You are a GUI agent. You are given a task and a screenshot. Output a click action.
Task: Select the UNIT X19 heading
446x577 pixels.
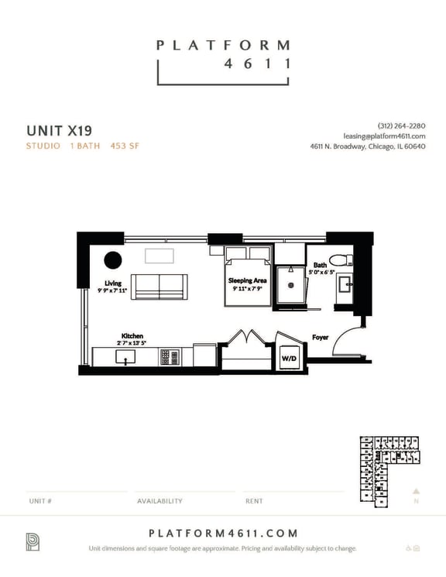[x=59, y=129]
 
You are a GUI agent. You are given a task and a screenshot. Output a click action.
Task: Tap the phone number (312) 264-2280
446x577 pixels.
[x=401, y=126]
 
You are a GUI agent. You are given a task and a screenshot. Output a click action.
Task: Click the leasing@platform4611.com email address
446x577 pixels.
[x=384, y=136]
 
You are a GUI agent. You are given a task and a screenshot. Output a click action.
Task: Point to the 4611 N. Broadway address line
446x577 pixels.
[x=367, y=146]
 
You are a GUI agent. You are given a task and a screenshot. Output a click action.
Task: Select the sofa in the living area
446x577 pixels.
[x=159, y=287]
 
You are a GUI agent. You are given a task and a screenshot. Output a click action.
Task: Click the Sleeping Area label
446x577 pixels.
[x=247, y=280]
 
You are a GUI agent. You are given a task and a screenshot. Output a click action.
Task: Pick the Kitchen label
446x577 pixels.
[x=132, y=336]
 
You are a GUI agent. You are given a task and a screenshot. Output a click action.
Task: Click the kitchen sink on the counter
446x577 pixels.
[x=125, y=357]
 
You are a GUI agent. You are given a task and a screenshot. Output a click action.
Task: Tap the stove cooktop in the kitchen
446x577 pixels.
[x=170, y=357]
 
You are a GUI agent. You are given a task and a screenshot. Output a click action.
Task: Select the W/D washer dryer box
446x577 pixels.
[x=288, y=359]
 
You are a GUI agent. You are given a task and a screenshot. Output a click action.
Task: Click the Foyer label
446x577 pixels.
[x=321, y=337]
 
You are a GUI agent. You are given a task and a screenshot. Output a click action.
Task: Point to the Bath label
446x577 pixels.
[x=320, y=265]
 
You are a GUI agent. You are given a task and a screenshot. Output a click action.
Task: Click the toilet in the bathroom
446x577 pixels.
[x=339, y=259]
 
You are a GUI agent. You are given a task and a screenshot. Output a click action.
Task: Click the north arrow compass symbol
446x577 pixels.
[x=416, y=491]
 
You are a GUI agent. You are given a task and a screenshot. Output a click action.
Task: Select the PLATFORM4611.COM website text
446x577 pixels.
[x=222, y=533]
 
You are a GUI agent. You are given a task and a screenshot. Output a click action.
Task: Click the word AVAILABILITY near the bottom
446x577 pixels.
[x=160, y=501]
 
